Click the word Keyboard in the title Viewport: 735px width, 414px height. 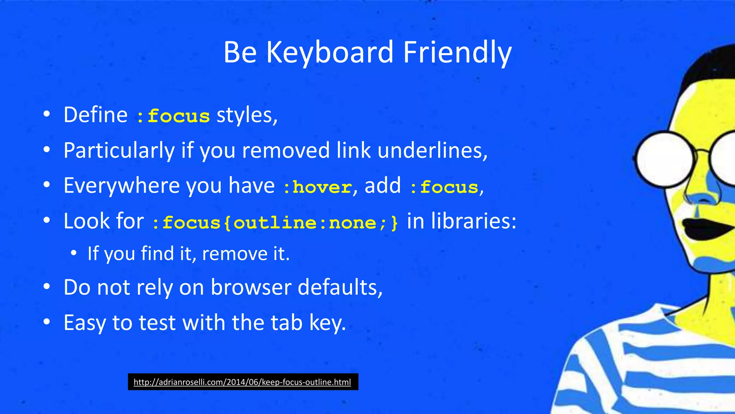pyautogui.click(x=330, y=52)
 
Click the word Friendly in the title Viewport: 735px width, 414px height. pyautogui.click(x=457, y=52)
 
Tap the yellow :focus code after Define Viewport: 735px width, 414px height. pyautogui.click(x=173, y=116)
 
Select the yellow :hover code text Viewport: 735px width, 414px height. pyautogui.click(x=317, y=187)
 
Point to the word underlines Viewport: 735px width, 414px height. pyautogui.click(x=432, y=150)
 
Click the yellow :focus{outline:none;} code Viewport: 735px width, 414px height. pyautogui.click(x=275, y=222)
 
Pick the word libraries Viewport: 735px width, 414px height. pyautogui.click(x=473, y=221)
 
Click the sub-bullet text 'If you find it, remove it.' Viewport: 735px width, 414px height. pyautogui.click(x=188, y=254)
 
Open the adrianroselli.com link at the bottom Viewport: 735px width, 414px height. pyautogui.click(x=242, y=382)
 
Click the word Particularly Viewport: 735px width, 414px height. pyautogui.click(x=119, y=150)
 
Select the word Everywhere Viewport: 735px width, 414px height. pyautogui.click(x=122, y=185)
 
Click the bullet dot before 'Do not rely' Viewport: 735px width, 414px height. pyautogui.click(x=46, y=287)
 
